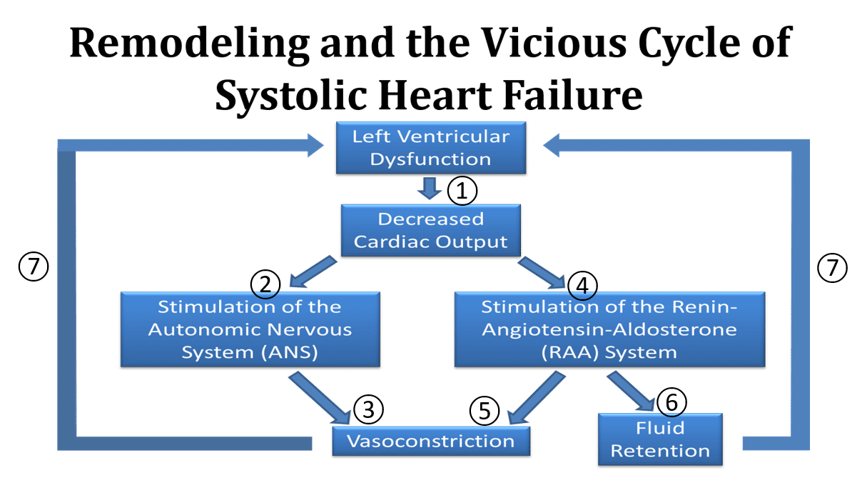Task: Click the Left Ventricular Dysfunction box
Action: [x=431, y=148]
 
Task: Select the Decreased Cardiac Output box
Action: [x=431, y=230]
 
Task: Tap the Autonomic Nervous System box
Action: [x=250, y=329]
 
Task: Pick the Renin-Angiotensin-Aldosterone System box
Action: [x=609, y=329]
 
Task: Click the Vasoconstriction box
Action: [x=431, y=441]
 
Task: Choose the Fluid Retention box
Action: [x=660, y=439]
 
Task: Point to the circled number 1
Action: [x=462, y=191]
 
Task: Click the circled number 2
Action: [x=265, y=284]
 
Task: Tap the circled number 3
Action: [x=368, y=409]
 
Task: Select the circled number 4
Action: [x=582, y=286]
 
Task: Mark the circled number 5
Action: [x=485, y=411]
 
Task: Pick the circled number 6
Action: [x=672, y=402]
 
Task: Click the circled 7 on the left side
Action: [x=34, y=267]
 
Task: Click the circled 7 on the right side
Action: [x=833, y=268]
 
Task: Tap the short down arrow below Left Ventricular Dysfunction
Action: [x=430, y=189]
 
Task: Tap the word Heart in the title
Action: [x=435, y=94]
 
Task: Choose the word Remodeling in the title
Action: [x=189, y=44]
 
